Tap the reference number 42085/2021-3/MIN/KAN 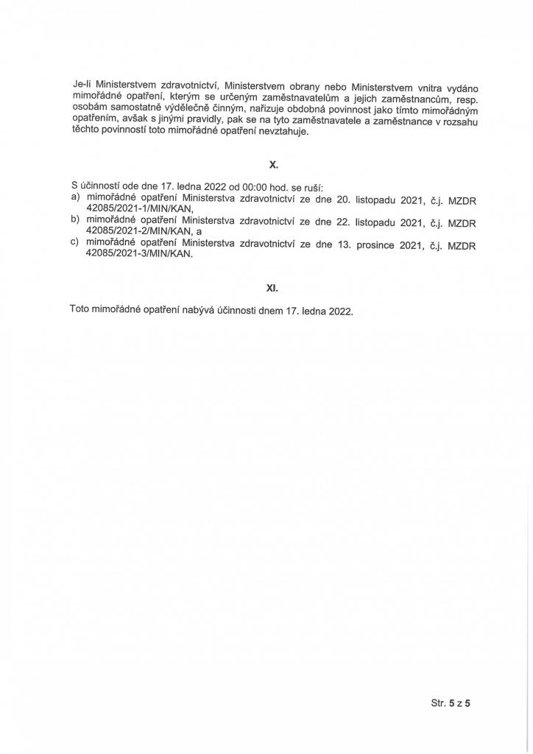tap(139, 254)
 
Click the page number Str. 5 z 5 tap(450, 702)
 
